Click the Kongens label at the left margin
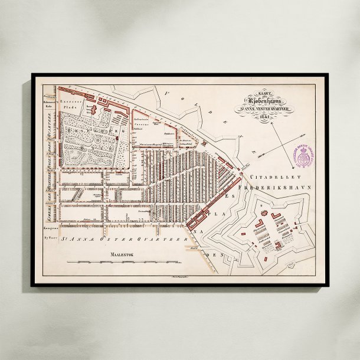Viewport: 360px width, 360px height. click(x=48, y=226)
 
